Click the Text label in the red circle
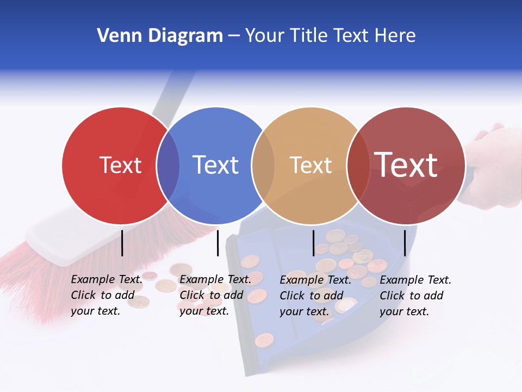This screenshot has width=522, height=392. pos(120,165)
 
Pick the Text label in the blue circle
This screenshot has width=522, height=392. pos(215,165)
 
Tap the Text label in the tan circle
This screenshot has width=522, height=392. pos(310,165)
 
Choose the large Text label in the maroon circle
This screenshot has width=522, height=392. pos(406,165)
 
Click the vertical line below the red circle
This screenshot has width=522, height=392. pos(122,243)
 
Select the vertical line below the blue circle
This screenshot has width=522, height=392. pos(217,243)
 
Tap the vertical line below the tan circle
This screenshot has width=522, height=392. pos(313,243)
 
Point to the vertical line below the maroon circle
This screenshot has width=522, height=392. pos(405,243)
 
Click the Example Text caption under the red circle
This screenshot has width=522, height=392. pos(107,295)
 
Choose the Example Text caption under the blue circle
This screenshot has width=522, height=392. pos(215,295)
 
